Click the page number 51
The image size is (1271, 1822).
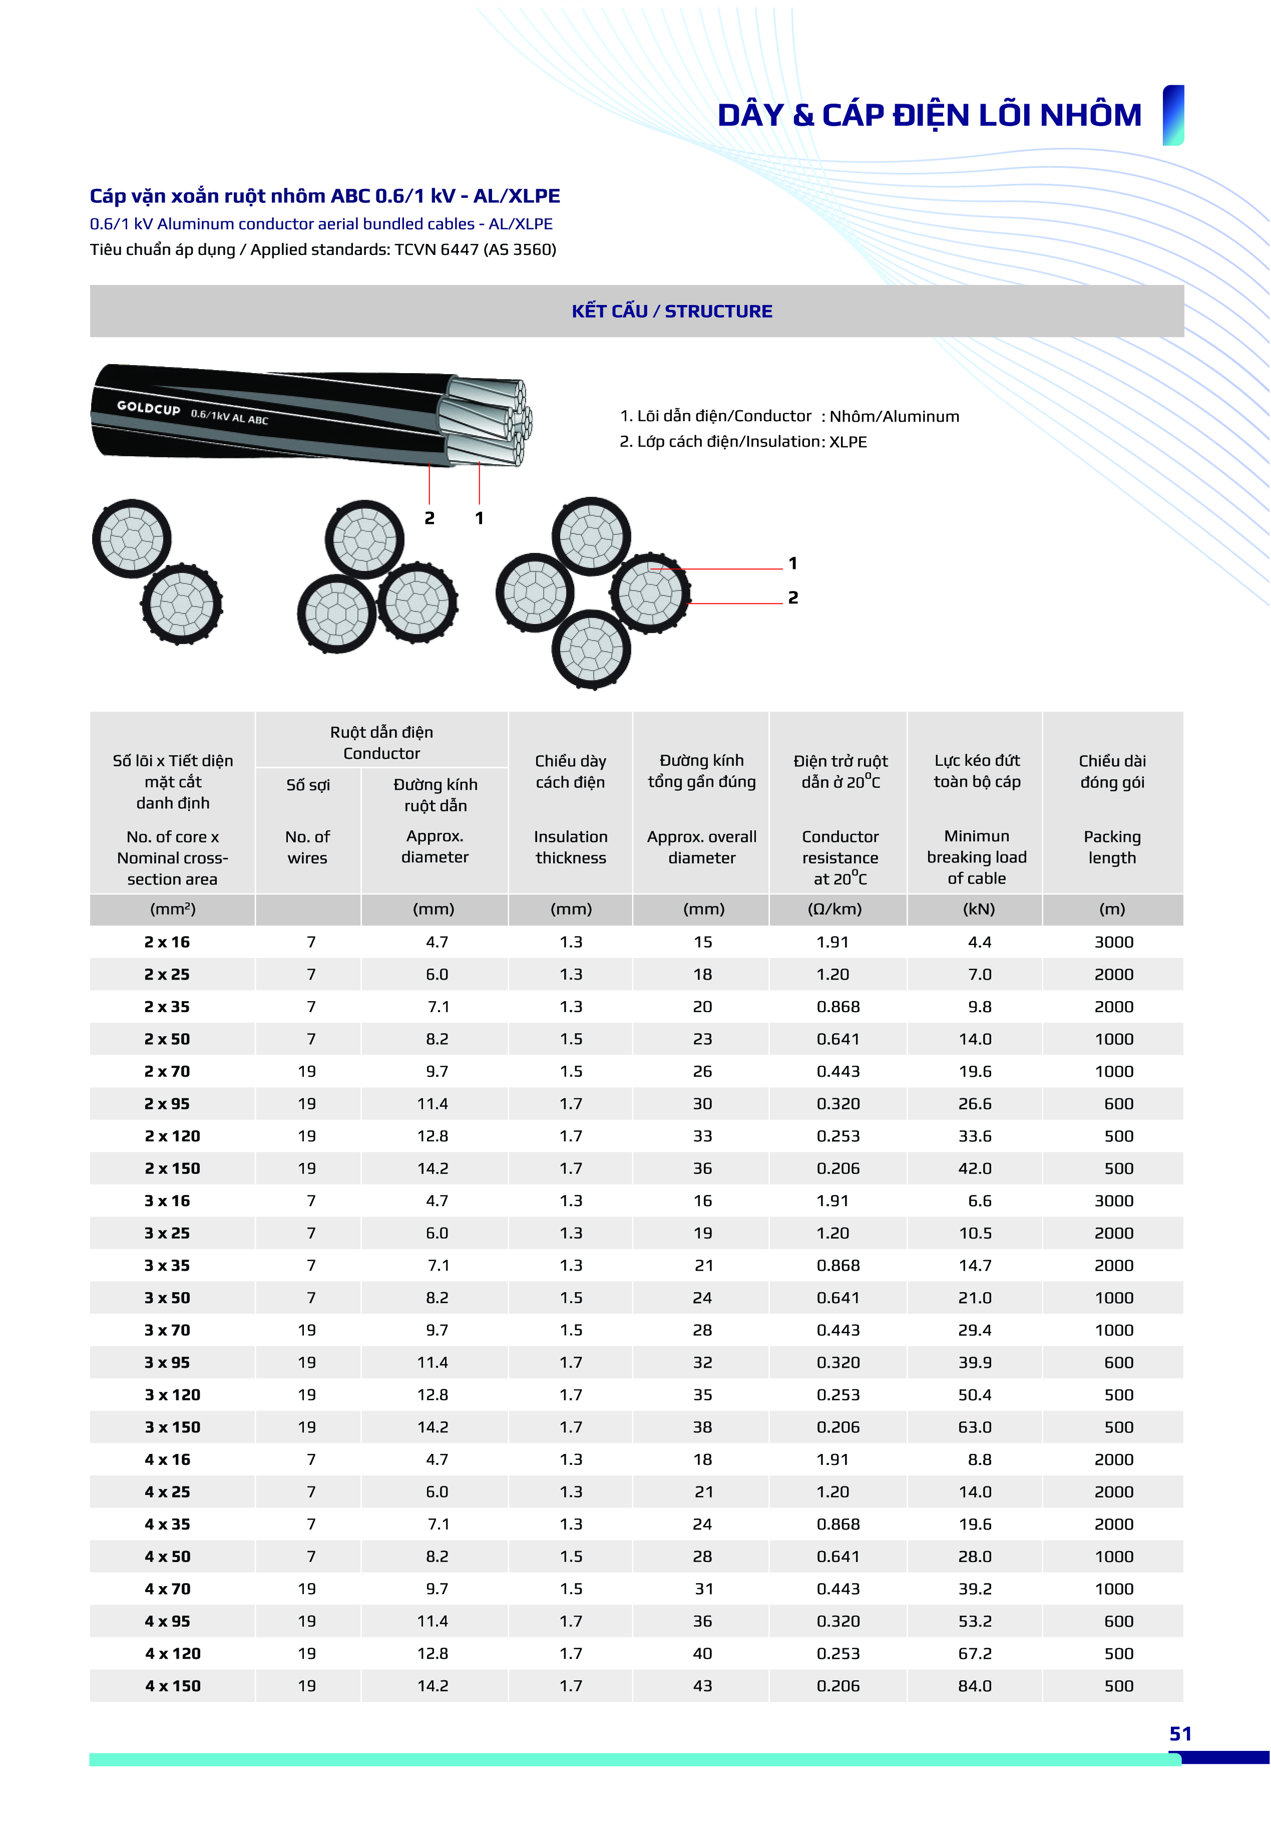coord(1180,1734)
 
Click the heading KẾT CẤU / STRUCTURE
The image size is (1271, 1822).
coord(672,311)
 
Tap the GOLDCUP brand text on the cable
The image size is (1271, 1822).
coord(148,408)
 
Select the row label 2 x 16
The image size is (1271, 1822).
coord(167,942)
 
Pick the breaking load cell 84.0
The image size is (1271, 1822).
coord(975,1686)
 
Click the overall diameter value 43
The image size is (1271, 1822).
coord(702,1686)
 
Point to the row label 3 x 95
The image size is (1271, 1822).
coord(167,1363)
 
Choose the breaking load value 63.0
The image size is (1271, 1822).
coord(975,1427)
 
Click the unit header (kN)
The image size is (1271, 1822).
coord(978,909)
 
